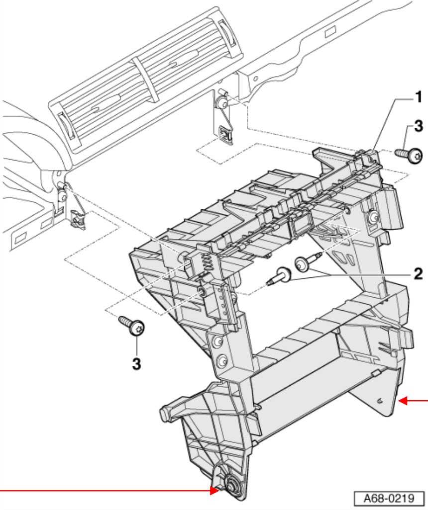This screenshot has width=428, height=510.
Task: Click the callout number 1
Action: tap(419, 97)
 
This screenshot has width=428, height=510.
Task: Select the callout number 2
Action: tap(418, 274)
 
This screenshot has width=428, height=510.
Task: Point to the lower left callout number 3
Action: tap(136, 364)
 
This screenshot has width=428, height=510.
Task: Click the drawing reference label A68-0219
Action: tap(389, 498)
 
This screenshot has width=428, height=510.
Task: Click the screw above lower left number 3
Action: tap(132, 325)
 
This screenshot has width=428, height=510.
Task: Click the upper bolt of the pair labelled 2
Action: tap(308, 261)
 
